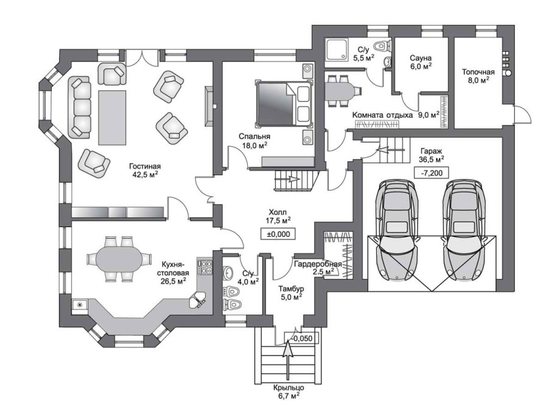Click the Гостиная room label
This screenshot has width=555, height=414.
coord(145,166)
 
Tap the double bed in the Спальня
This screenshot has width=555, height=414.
coord(284,104)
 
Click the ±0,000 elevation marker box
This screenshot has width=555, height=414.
coord(278,234)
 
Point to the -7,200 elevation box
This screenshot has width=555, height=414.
coord(431,173)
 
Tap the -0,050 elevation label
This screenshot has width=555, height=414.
coord(303,338)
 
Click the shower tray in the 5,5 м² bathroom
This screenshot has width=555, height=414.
coord(337,50)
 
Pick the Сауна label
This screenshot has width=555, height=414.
coord(420,57)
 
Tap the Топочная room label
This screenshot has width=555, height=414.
coord(478,72)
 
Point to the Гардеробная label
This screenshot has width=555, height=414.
coord(318,264)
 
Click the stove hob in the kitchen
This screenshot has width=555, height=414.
coord(205,267)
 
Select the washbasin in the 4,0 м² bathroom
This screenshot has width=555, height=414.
coord(229,272)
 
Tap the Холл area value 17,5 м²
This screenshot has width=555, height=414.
coord(278,220)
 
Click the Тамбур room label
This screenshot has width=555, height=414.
coord(291,289)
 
